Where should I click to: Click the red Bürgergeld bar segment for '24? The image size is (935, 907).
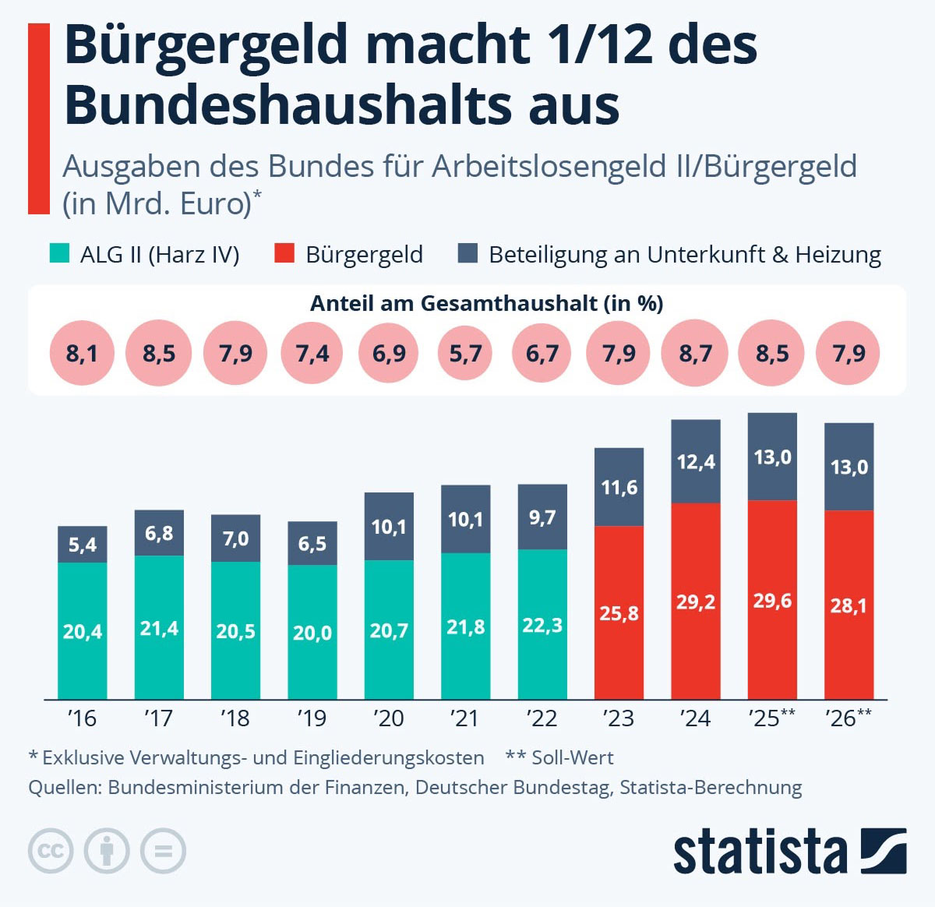point(696,601)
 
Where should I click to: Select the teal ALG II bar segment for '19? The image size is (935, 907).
point(312,632)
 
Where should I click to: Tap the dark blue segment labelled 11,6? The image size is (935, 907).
point(619,487)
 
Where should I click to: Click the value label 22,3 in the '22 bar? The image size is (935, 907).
point(542,625)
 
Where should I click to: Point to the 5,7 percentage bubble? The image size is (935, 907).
point(465,354)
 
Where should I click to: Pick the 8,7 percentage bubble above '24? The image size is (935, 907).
point(695,354)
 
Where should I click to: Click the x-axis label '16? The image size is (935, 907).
point(82,718)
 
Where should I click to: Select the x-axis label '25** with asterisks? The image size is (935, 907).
point(771,718)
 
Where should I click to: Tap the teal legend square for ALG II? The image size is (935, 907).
point(59,253)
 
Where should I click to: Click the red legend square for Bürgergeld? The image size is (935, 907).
point(284,253)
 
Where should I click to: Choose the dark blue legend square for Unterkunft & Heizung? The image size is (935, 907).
point(467,253)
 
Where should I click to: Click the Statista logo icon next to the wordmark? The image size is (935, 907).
point(883,850)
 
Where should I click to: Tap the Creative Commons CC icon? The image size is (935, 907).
point(51,850)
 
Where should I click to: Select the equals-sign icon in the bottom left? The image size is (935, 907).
point(163,850)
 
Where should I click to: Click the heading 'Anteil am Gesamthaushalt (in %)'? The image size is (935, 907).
point(486,303)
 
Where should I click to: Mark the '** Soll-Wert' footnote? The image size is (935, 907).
point(559,757)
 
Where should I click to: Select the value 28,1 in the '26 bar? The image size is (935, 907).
point(849,605)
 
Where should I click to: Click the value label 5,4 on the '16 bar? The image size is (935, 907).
point(82,544)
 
